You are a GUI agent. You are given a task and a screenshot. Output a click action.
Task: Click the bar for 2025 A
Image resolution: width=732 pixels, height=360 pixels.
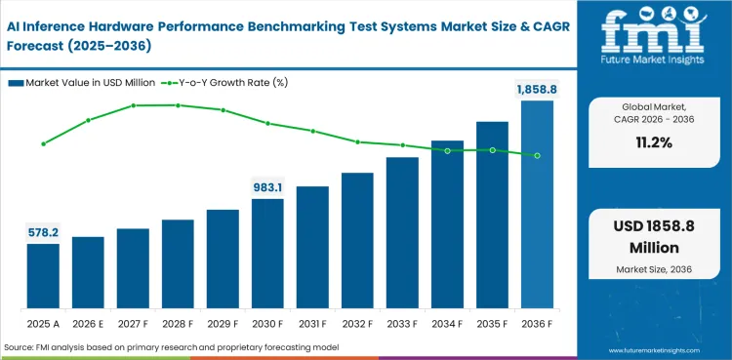pos(43,276)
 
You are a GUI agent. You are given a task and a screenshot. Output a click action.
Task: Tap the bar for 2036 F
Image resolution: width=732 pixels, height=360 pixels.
pos(537,205)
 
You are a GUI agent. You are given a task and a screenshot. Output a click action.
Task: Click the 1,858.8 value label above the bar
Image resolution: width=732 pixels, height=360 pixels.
pos(536,90)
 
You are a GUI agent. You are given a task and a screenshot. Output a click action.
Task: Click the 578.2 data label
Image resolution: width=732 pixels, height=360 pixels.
pos(43,232)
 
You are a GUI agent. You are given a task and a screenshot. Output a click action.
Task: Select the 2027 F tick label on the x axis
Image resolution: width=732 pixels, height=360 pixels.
pos(133,323)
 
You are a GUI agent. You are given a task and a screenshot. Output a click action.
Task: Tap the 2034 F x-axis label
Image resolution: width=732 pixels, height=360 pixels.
pos(447,323)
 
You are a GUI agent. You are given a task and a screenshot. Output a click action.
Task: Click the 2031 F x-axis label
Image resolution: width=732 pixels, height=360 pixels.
pos(312,323)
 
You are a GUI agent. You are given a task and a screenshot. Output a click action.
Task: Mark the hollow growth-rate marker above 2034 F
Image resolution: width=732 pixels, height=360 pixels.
pos(447,150)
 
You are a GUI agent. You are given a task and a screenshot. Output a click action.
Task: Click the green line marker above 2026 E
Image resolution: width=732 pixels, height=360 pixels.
pos(88,120)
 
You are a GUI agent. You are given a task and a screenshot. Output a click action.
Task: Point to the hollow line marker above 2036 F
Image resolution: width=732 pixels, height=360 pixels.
pos(537,155)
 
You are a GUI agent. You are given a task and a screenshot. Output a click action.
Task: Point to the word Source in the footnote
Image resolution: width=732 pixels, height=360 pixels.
pos(19,347)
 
